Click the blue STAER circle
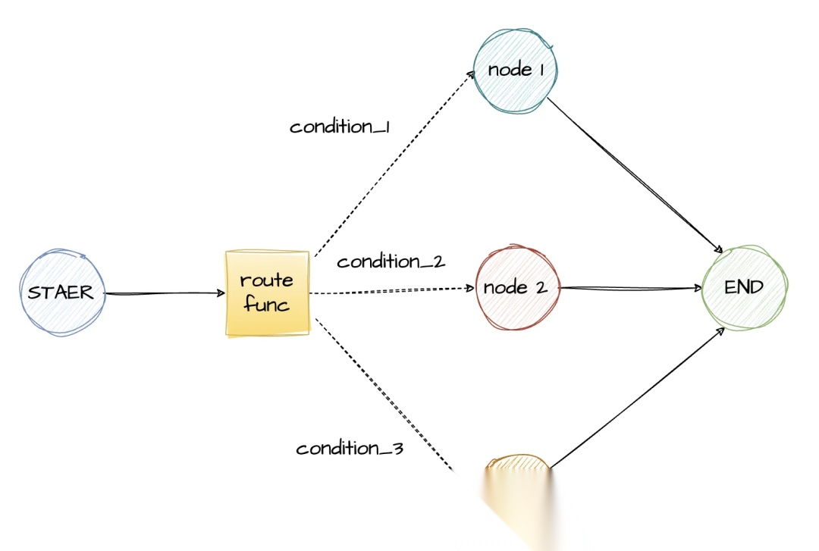(61, 293)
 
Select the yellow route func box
(267, 293)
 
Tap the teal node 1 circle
(516, 70)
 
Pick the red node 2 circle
(516, 288)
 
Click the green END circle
(744, 288)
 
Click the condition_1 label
(339, 127)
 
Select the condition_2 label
(391, 262)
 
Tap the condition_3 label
(349, 449)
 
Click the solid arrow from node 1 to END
(633, 174)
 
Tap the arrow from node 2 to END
(629, 288)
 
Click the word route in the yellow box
(266, 280)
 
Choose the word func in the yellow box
(266, 305)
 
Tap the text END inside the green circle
(744, 288)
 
